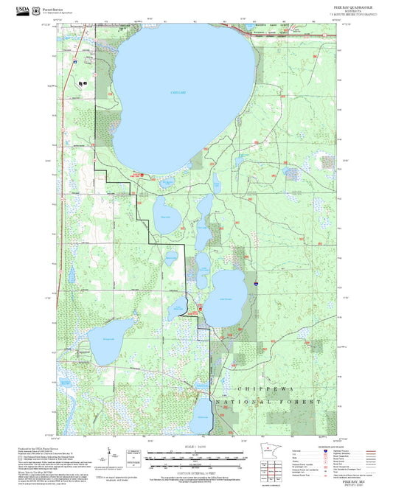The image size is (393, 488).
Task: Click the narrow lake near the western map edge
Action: pos(72,275)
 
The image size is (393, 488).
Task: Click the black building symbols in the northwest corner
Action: pos(82,83)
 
